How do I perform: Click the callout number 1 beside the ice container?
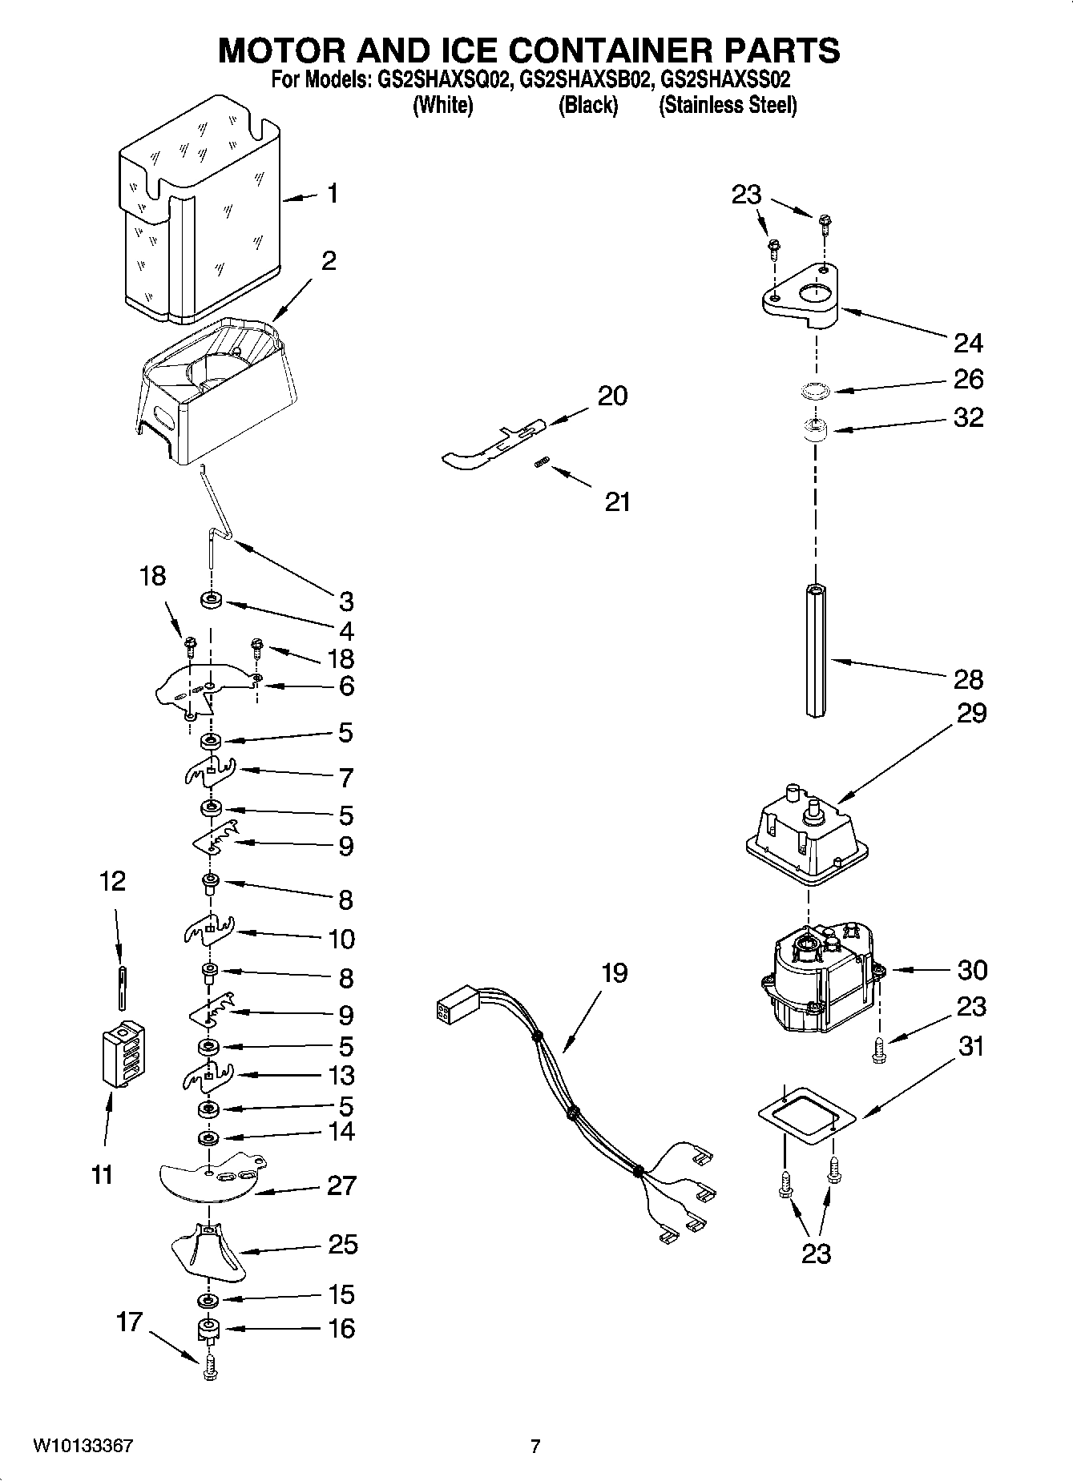(332, 193)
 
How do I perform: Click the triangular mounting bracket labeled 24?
(799, 298)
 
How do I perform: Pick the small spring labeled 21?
(542, 463)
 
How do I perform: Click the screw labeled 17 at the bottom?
(210, 1367)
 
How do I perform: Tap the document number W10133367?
(83, 1446)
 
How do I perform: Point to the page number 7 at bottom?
(535, 1446)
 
